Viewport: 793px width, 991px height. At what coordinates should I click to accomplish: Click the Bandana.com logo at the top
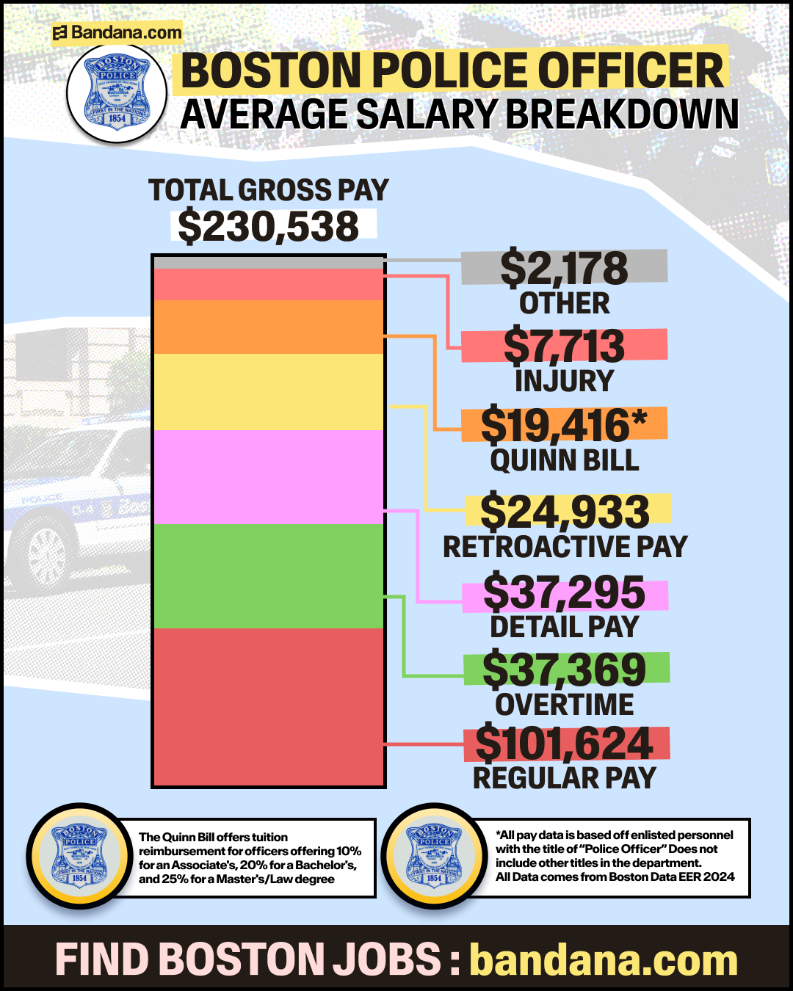click(x=117, y=32)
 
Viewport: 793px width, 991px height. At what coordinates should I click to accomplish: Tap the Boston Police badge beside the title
click(x=117, y=92)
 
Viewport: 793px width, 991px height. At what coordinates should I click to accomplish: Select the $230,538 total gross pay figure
click(x=269, y=226)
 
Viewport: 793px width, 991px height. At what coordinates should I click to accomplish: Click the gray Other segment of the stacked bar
click(x=269, y=262)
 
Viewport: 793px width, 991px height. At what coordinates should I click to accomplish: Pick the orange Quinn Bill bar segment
click(x=269, y=327)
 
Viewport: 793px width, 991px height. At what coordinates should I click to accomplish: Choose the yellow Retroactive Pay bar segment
click(x=269, y=391)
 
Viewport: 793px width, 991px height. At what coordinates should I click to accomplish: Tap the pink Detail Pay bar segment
click(x=269, y=476)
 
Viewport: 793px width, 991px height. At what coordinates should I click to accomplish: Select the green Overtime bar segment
click(x=269, y=576)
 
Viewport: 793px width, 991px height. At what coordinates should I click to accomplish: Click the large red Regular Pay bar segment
click(x=269, y=706)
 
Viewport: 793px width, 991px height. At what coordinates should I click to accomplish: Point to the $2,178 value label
click(x=564, y=268)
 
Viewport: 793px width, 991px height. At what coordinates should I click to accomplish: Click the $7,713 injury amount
click(x=564, y=346)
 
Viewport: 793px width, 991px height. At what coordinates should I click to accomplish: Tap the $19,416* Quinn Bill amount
click(x=564, y=425)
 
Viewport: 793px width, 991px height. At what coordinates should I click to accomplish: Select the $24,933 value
click(x=565, y=511)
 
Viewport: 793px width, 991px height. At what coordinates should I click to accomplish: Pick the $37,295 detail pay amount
click(x=564, y=593)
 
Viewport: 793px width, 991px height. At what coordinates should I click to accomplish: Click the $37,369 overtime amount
click(x=565, y=669)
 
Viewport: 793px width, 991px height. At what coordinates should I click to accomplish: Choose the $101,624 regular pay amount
click(x=565, y=744)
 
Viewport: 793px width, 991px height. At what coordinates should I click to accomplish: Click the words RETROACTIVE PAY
click(x=565, y=547)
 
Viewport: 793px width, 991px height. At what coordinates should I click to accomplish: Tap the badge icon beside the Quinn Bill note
click(x=79, y=855)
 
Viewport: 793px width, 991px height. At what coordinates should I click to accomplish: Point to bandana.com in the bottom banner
click(x=604, y=960)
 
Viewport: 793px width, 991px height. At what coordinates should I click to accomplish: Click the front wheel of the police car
click(x=46, y=552)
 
